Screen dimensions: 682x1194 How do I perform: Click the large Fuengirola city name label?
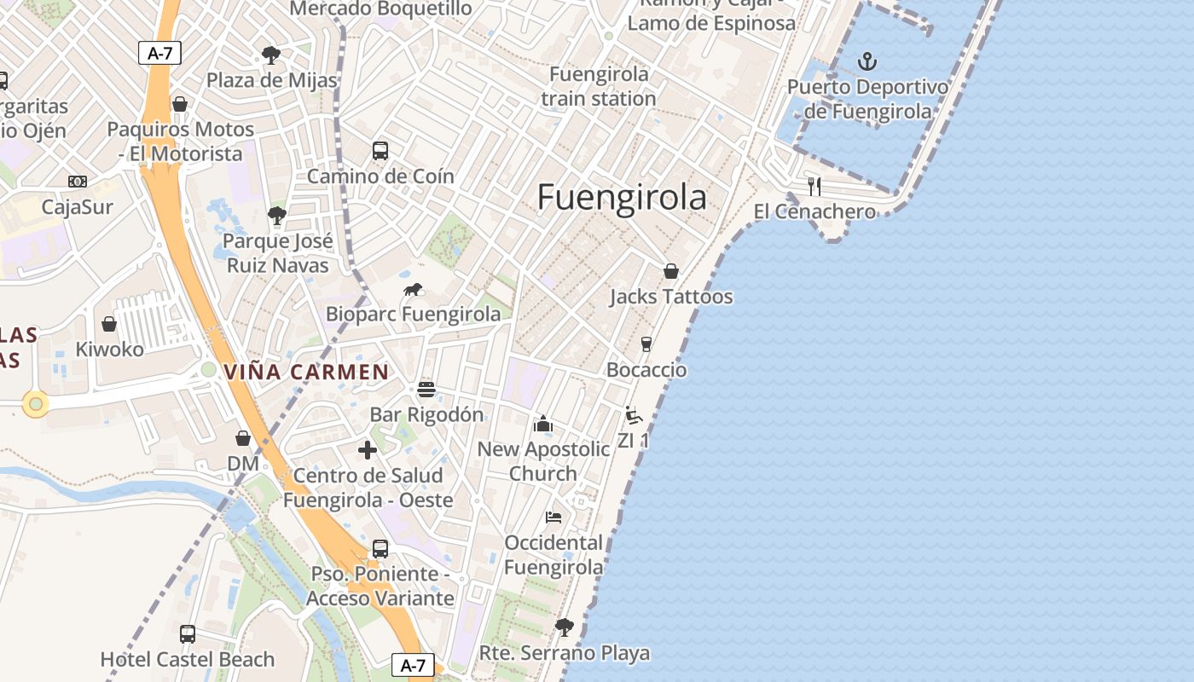pyautogui.click(x=622, y=198)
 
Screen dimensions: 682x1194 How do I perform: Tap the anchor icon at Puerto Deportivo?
pyautogui.click(x=867, y=61)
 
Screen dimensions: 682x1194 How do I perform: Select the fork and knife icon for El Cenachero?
pyautogui.click(x=814, y=186)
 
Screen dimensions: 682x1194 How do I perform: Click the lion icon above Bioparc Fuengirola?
pyautogui.click(x=414, y=290)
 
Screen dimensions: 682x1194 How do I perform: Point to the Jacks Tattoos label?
pyautogui.click(x=670, y=297)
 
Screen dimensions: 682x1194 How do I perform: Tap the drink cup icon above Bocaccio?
pyautogui.click(x=646, y=344)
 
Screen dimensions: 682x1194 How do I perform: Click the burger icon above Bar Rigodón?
pyautogui.click(x=426, y=390)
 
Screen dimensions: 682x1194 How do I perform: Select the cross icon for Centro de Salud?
pyautogui.click(x=368, y=450)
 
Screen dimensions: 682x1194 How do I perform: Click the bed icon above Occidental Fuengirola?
pyautogui.click(x=554, y=517)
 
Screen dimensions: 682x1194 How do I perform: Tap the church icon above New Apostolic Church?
pyautogui.click(x=543, y=424)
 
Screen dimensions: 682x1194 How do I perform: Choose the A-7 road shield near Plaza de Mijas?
pyautogui.click(x=159, y=53)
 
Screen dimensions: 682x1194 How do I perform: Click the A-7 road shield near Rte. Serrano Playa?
pyautogui.click(x=413, y=665)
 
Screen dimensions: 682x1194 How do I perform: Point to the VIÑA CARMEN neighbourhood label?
pyautogui.click(x=306, y=372)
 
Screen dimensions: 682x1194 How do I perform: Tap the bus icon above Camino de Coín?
pyautogui.click(x=380, y=151)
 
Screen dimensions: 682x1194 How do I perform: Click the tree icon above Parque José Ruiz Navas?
pyautogui.click(x=276, y=215)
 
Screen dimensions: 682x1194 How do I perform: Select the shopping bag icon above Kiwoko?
pyautogui.click(x=109, y=324)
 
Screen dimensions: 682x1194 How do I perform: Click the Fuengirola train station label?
pyautogui.click(x=599, y=86)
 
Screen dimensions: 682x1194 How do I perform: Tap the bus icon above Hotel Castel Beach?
pyautogui.click(x=188, y=633)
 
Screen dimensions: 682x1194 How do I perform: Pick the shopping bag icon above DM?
pyautogui.click(x=243, y=438)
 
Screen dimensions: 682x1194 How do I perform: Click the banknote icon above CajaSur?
pyautogui.click(x=78, y=182)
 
